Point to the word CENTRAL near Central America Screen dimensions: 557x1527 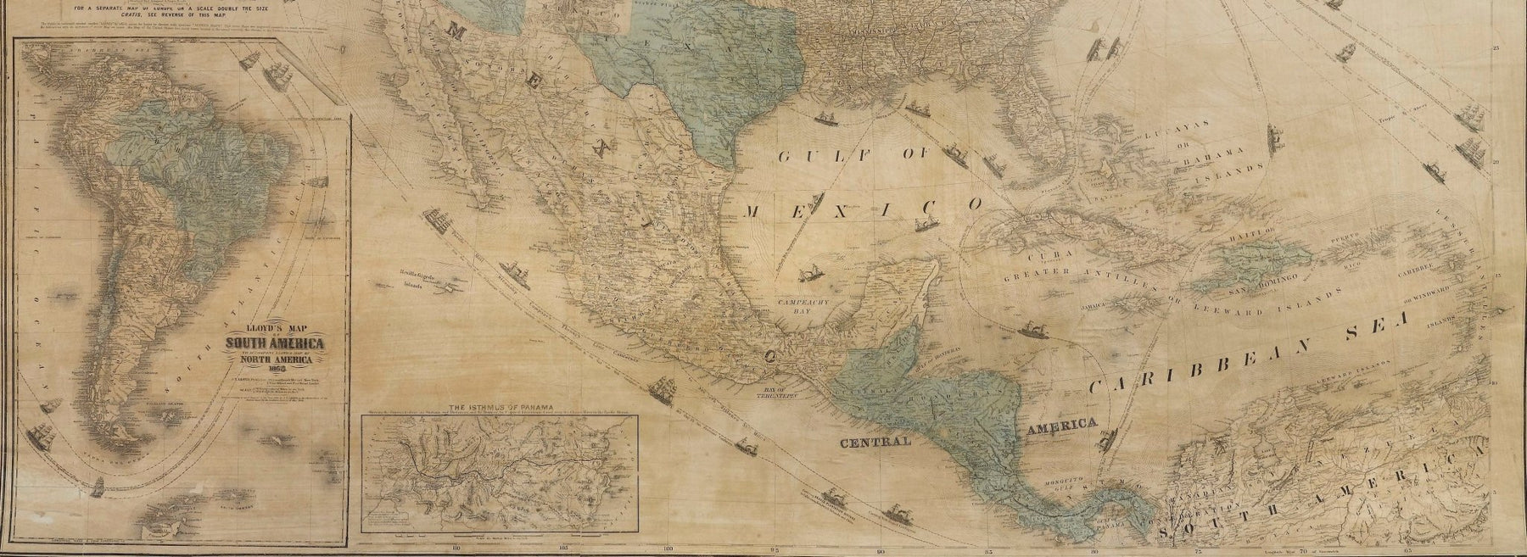click(x=875, y=443)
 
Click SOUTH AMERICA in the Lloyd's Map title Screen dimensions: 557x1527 click(x=273, y=343)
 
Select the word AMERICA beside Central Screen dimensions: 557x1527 click(x=1061, y=426)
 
